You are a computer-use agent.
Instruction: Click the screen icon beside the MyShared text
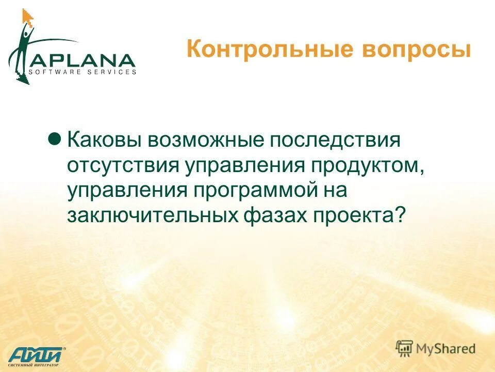(x=405, y=348)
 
